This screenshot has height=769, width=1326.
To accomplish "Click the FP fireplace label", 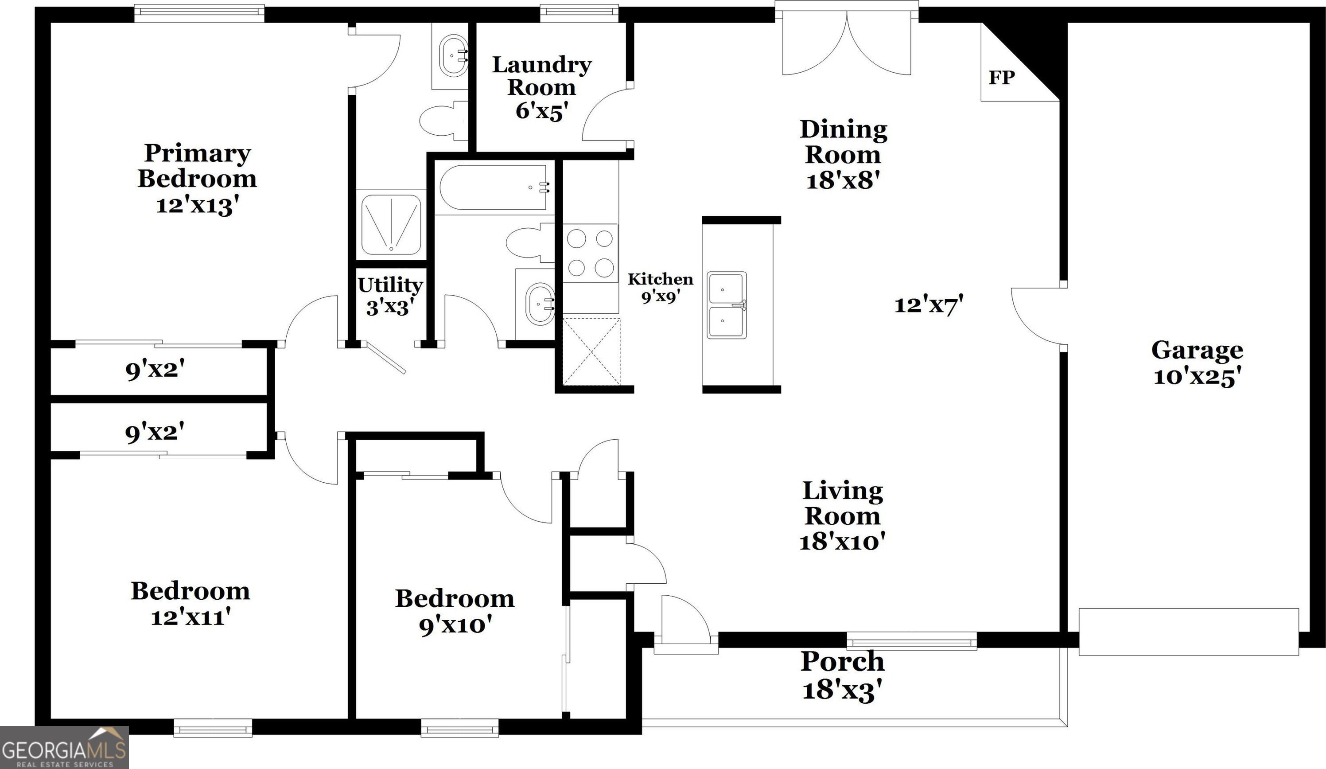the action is tap(1001, 78).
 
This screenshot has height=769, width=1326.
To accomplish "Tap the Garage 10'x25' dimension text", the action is tap(1198, 377).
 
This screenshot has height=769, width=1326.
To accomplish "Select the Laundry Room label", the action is tap(541, 76).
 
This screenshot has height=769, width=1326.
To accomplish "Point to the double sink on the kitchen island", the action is tap(727, 305).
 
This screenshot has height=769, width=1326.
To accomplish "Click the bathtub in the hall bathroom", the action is tap(494, 187).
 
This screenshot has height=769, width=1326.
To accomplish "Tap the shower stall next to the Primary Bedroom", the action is tap(391, 225).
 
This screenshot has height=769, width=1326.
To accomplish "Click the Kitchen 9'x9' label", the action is tap(661, 287).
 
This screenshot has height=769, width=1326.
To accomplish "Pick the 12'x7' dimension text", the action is tap(929, 305).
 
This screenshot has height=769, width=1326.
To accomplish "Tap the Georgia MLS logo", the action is tap(64, 747).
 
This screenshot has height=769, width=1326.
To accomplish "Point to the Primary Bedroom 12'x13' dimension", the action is tap(194, 205).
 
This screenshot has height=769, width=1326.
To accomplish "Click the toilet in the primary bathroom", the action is tap(443, 120).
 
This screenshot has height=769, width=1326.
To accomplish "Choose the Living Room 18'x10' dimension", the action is tap(842, 542).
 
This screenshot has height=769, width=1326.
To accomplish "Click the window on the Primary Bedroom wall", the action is tap(199, 14).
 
